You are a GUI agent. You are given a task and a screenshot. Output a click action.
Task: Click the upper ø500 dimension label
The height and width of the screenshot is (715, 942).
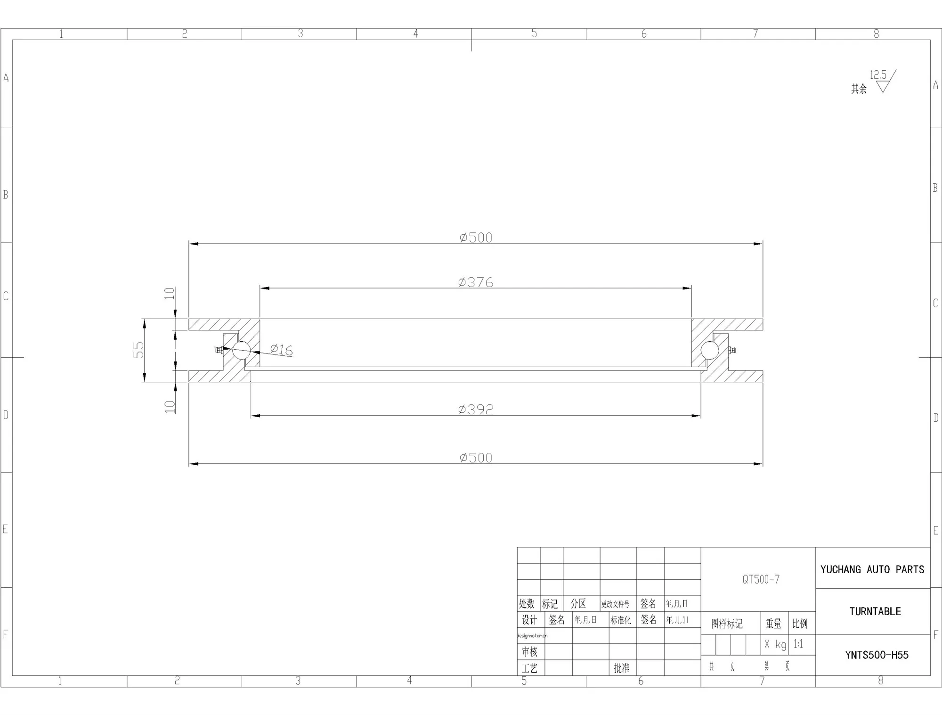point(476,237)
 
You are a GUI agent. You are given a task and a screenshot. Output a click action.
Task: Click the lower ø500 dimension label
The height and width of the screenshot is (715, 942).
point(476,457)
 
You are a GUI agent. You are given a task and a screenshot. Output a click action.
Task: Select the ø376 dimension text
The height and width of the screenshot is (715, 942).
point(476,282)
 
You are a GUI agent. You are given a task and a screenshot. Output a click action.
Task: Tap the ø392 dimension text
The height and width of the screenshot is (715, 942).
point(476,409)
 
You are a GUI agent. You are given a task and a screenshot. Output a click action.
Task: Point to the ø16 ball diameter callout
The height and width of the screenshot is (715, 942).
point(282,350)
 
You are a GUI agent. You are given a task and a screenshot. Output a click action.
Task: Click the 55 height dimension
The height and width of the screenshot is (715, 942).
point(138,350)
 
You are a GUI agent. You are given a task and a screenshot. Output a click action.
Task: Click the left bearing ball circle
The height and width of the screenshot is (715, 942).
point(241,350)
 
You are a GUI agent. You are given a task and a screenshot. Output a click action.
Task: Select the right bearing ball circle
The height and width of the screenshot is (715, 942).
point(709,350)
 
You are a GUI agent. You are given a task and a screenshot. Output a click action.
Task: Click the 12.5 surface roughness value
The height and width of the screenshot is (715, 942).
point(878,75)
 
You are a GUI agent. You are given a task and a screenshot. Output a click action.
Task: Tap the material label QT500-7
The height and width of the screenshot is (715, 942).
point(761,579)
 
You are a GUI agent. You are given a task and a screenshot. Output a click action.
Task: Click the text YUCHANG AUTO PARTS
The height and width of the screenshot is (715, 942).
point(872,569)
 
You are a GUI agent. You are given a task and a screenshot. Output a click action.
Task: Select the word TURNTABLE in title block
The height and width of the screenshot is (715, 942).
point(875,611)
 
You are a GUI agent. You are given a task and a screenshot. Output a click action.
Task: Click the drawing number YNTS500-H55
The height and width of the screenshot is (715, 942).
point(877,655)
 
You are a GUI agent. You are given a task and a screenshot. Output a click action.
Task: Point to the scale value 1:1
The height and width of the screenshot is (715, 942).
point(798,644)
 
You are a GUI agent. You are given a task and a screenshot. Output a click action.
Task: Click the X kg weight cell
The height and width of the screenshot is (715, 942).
point(775,644)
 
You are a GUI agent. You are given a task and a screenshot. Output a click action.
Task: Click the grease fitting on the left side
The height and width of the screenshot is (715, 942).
point(219,350)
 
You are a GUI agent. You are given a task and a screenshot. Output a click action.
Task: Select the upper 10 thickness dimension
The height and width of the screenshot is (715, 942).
point(170,293)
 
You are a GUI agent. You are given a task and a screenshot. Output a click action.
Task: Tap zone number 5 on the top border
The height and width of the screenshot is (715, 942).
point(534,33)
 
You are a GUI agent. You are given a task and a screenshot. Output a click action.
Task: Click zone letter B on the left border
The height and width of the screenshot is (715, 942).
point(6,194)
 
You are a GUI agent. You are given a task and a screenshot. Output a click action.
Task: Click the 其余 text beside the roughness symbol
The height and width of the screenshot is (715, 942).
point(859,89)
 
